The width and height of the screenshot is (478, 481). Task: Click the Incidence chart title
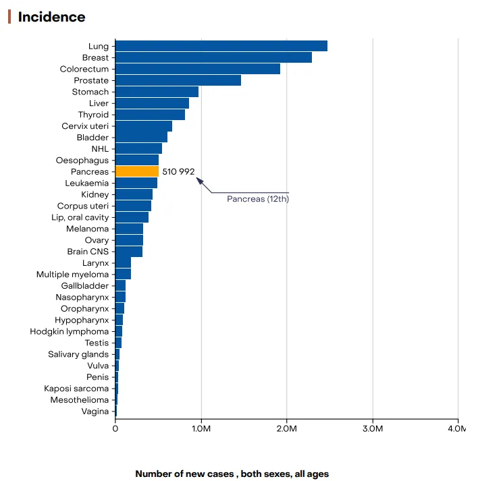[x=51, y=17]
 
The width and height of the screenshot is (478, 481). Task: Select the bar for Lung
[x=221, y=46]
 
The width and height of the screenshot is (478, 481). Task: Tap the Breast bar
[x=213, y=57]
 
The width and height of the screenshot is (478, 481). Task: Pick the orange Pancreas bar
[x=137, y=171]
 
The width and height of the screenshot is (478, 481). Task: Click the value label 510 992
[x=178, y=171]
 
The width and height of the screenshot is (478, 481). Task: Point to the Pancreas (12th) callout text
[x=257, y=199]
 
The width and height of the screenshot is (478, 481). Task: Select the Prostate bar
[x=178, y=80]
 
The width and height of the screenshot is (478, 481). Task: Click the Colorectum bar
[x=197, y=69]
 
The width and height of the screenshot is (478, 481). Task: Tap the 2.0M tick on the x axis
[x=287, y=428]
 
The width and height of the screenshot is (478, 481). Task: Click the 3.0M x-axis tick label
[x=373, y=428]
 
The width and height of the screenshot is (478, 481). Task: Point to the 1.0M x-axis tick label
[x=201, y=428]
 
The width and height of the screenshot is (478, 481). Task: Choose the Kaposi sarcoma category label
[x=76, y=389]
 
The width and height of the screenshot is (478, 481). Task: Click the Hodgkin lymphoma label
[x=69, y=331]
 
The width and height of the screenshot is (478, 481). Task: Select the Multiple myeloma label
[x=72, y=275]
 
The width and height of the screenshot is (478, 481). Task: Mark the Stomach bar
[x=157, y=92]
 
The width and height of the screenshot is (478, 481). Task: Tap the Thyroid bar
[x=150, y=115]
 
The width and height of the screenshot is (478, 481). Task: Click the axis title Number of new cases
[x=232, y=474]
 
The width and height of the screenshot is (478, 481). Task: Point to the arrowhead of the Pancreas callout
[x=198, y=179]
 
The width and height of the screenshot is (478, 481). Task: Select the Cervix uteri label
[x=85, y=126]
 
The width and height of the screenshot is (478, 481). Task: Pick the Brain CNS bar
[x=129, y=252]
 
